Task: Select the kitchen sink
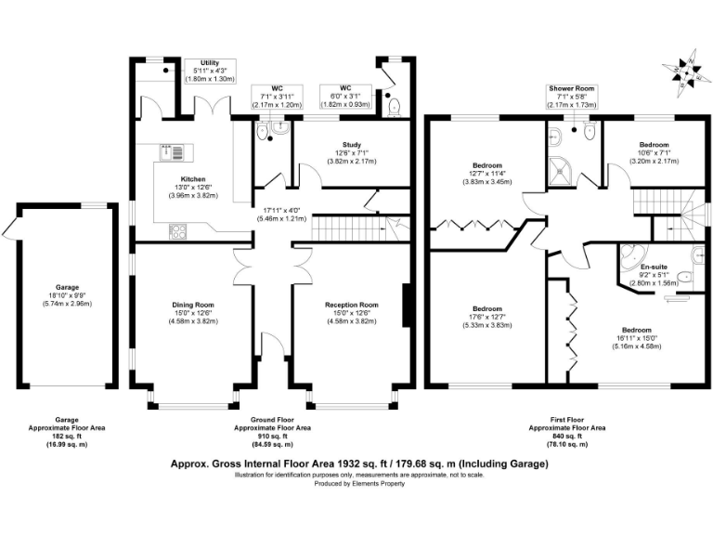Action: [172, 152]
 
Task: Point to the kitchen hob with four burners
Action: [177, 231]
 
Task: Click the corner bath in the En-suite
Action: [629, 256]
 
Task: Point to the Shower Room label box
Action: [572, 97]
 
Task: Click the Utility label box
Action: [210, 71]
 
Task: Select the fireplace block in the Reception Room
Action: [407, 306]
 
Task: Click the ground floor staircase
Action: [349, 228]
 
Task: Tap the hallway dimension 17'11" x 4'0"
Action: [282, 215]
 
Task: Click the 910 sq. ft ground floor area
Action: [272, 437]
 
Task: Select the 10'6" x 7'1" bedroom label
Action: [654, 153]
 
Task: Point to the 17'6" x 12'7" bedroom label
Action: [487, 317]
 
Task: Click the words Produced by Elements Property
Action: [359, 484]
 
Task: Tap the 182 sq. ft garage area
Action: [67, 437]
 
